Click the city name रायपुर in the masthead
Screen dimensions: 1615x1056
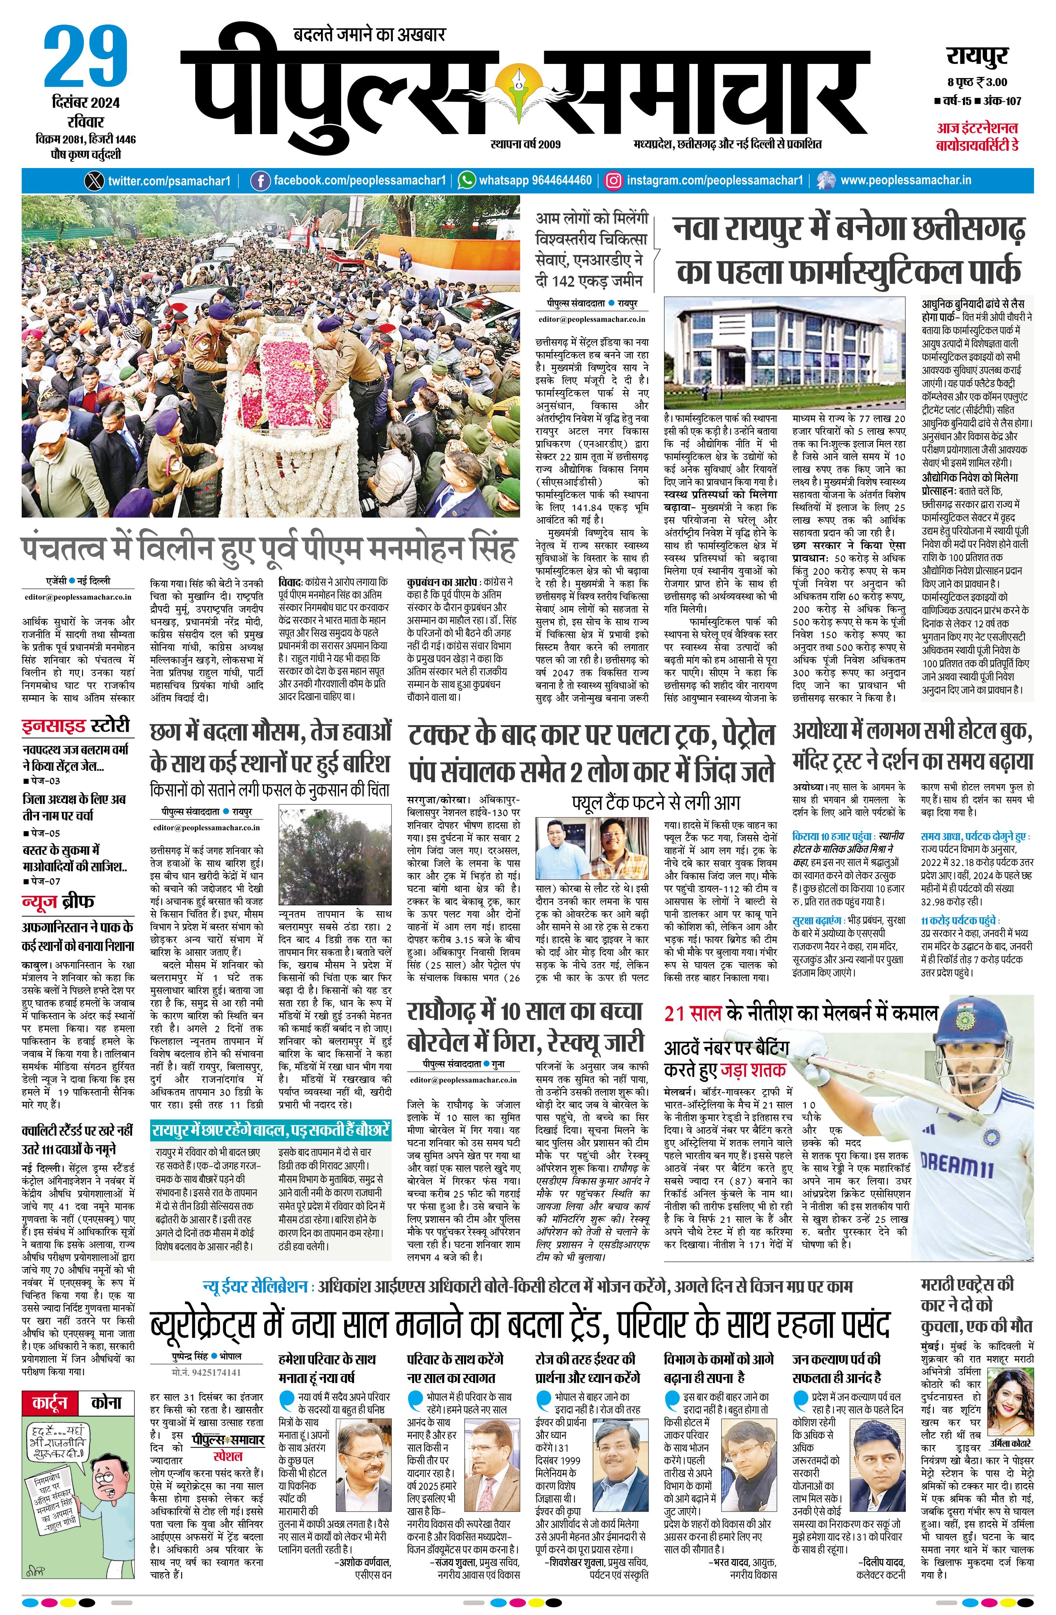click(977, 56)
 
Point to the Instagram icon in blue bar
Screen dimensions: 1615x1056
click(613, 181)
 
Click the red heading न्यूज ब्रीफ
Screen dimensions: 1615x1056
click(58, 901)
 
